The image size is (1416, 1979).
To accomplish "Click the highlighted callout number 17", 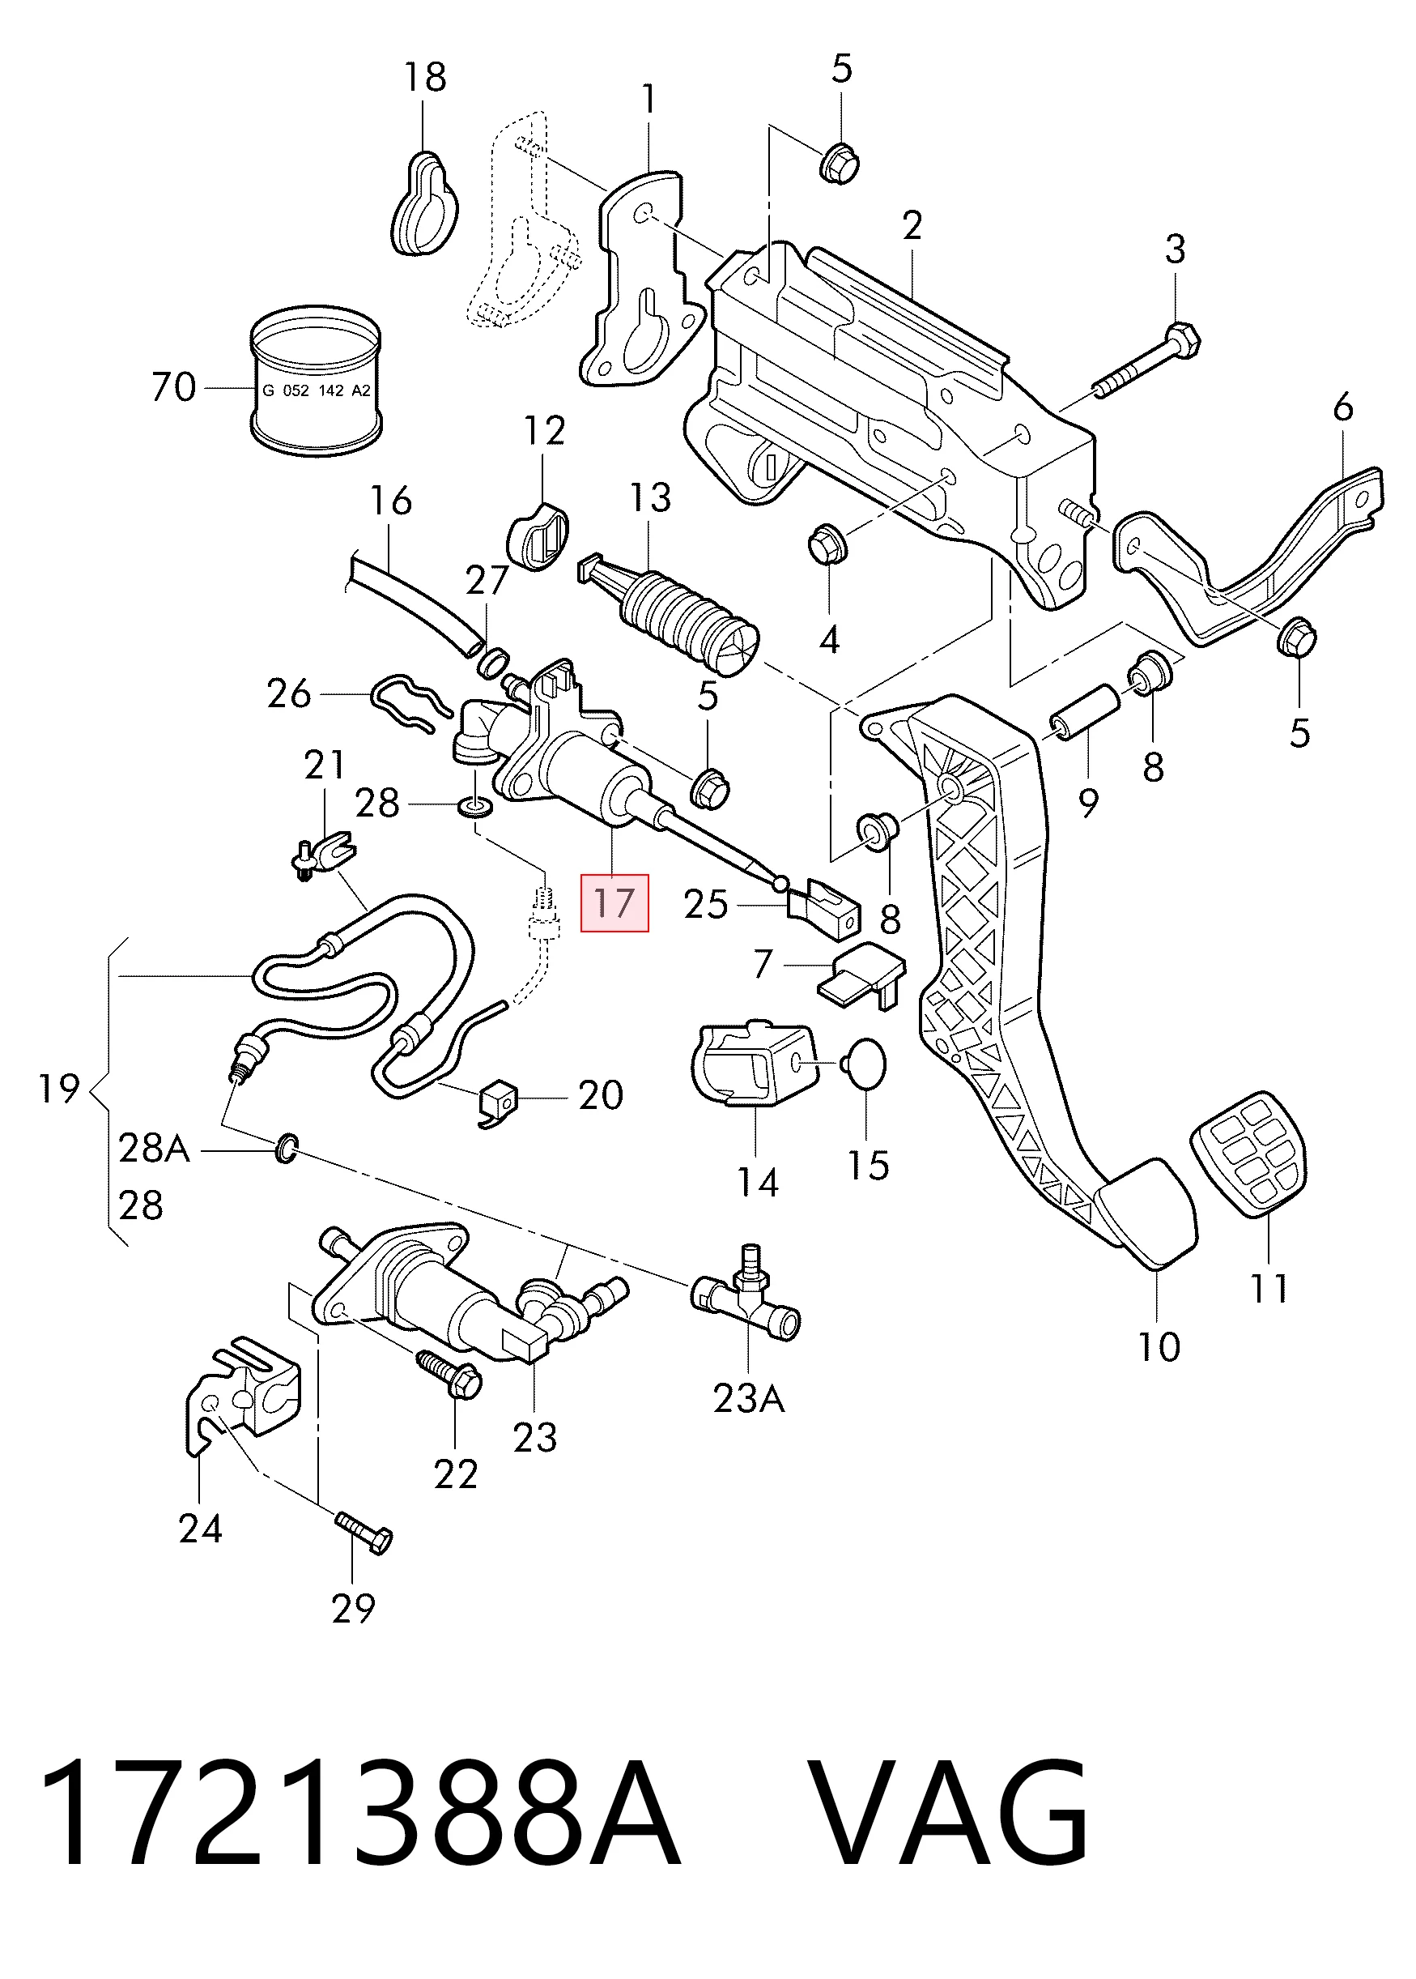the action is click(x=614, y=902).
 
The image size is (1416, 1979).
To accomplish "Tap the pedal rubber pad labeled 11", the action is click(x=1249, y=1153).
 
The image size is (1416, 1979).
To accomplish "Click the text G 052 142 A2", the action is click(x=317, y=390).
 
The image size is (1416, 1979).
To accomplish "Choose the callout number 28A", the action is click(x=154, y=1149).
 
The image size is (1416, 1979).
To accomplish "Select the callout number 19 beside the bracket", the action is click(x=59, y=1089).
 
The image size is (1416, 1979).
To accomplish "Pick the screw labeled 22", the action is click(x=450, y=1374).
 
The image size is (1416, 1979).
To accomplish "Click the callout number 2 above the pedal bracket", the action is click(x=912, y=226).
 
